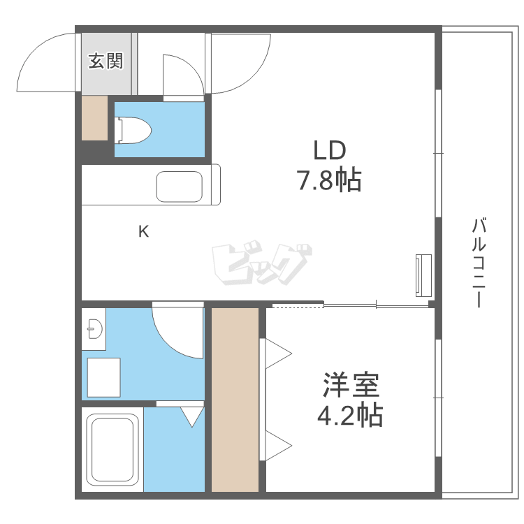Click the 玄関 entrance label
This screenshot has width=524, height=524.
pos(105,61)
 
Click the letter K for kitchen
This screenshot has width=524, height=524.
pos(143,231)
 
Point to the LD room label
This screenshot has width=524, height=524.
pos(329,152)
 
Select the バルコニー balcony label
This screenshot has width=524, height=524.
pos(479,263)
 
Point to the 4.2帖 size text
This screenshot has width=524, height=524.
pos(350,416)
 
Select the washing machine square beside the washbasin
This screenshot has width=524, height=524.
pos(103,376)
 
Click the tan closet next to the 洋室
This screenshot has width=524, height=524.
pos(235,399)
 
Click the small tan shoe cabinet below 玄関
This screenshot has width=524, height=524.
pos(94,117)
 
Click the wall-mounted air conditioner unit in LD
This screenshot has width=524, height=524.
pos(423,274)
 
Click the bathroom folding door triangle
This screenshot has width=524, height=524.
pos(190,416)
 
